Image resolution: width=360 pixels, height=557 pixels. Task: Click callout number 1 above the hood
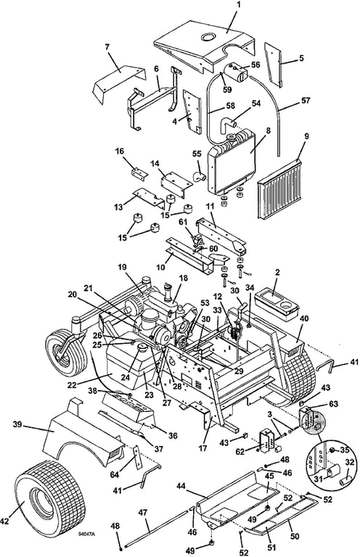click(239, 4)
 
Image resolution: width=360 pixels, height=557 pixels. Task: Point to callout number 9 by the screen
click(307, 136)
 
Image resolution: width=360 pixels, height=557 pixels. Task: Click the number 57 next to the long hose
click(306, 101)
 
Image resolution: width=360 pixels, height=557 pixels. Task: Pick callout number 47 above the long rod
click(142, 512)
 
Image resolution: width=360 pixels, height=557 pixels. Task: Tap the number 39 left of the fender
click(17, 424)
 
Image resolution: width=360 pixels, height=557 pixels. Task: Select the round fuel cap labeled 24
click(143, 348)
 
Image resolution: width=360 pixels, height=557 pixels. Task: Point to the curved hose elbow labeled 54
click(226, 126)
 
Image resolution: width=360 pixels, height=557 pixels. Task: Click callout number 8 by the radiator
click(269, 131)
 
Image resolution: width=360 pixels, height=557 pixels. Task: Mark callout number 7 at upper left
click(107, 46)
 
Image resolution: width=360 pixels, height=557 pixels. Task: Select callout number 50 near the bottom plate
click(295, 536)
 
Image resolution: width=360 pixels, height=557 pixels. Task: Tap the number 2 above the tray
click(277, 273)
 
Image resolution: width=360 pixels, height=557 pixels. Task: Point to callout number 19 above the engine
click(122, 267)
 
